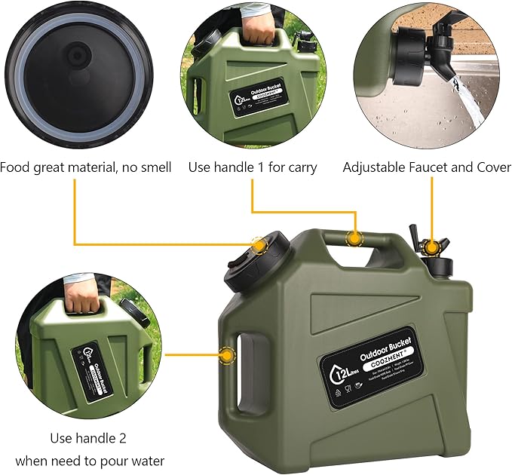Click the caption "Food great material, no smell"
pos(85,167)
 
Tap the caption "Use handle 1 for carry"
pos(252,167)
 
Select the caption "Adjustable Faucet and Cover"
pos(427,167)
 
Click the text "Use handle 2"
pos(88,437)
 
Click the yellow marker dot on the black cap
pos(259,246)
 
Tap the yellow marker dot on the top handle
pos(353,238)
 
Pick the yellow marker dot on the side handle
pos(225,353)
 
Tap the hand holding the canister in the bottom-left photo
pos(84,302)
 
